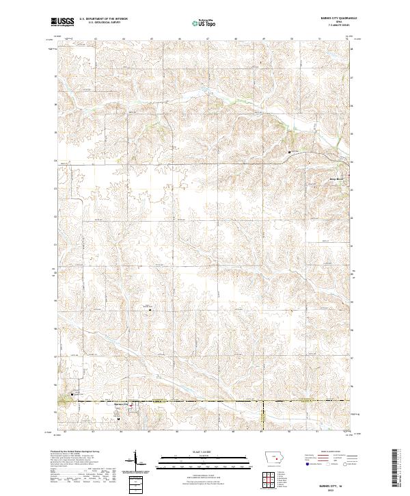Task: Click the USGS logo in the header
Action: [63, 23]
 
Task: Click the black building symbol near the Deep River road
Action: [289, 151]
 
